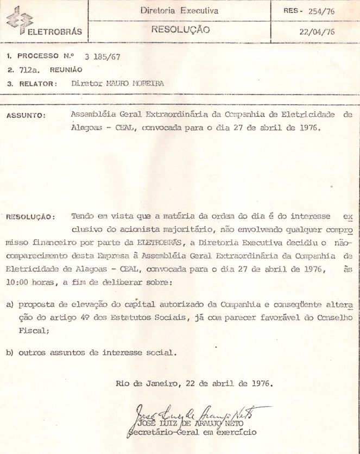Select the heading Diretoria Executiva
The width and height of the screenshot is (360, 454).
(179, 10)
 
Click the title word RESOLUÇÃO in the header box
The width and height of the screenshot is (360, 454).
(180, 30)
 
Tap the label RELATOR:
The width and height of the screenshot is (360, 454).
(37, 84)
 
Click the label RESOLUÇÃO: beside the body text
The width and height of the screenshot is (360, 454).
(30, 217)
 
